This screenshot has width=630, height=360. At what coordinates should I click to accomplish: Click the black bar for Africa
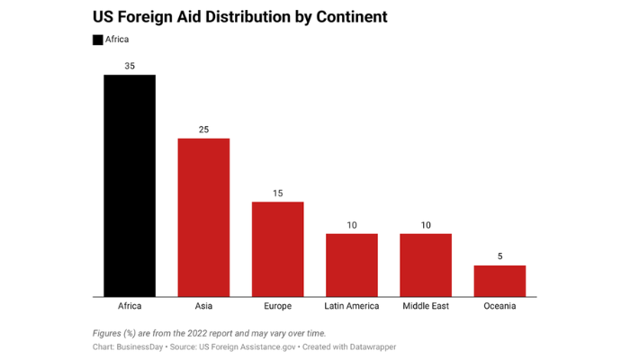point(130,185)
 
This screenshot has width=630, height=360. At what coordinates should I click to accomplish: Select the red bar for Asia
point(203,217)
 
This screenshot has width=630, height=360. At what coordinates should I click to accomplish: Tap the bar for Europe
point(277,248)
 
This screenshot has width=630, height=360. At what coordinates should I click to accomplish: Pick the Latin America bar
point(351,265)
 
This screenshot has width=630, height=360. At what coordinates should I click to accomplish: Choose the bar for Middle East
point(426,265)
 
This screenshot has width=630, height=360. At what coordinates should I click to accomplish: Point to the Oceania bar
point(499,281)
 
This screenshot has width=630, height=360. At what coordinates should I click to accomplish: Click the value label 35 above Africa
point(130,67)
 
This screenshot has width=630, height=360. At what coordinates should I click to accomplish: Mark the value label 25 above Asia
point(203,130)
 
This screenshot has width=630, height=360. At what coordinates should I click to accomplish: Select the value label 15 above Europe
point(277,193)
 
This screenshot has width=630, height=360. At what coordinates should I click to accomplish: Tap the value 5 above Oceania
point(499,256)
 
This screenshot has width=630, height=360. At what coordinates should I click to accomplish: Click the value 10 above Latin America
point(351,225)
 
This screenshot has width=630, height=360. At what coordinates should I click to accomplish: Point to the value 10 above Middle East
point(426,225)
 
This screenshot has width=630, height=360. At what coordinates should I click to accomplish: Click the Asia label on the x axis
point(203,306)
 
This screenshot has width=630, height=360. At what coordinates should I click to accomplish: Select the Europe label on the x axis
point(277,306)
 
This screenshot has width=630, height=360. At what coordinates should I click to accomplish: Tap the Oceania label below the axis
point(499,306)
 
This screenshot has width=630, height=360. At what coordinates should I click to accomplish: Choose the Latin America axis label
point(351,306)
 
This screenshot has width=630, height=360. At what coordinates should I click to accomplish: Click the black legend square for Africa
point(97,40)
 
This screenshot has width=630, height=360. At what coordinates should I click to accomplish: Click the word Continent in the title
point(328,17)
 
